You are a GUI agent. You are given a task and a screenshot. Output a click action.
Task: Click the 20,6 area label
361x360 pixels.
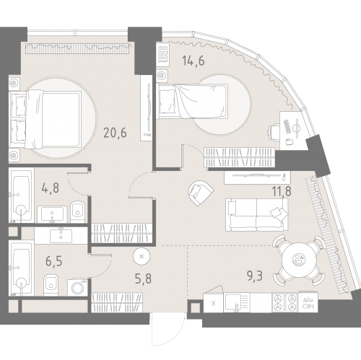115,133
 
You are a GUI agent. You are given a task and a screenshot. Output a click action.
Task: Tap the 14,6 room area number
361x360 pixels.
193,61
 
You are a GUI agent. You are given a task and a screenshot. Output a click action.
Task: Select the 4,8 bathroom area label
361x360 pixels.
51,188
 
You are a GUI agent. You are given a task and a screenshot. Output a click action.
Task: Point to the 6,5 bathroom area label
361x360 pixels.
54,261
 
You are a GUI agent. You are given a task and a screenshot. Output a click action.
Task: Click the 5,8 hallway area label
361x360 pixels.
143,278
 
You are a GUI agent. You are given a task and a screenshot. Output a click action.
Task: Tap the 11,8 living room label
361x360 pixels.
282,191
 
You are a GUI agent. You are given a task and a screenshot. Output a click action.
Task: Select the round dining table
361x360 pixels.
298,260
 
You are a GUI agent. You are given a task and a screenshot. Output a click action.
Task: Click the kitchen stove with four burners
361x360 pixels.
285,302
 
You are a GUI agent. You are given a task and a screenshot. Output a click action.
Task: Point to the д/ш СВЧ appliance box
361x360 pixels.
308,302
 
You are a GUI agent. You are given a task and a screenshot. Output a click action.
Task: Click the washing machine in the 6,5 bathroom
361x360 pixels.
77,287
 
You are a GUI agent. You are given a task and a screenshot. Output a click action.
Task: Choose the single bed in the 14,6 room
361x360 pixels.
192,101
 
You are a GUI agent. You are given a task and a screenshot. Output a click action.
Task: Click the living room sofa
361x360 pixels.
257,215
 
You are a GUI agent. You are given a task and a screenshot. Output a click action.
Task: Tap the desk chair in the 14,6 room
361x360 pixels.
274,132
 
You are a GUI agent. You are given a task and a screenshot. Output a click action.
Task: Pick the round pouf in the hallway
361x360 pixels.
142,256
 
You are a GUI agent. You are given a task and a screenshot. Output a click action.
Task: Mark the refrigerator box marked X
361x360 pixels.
214,303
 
